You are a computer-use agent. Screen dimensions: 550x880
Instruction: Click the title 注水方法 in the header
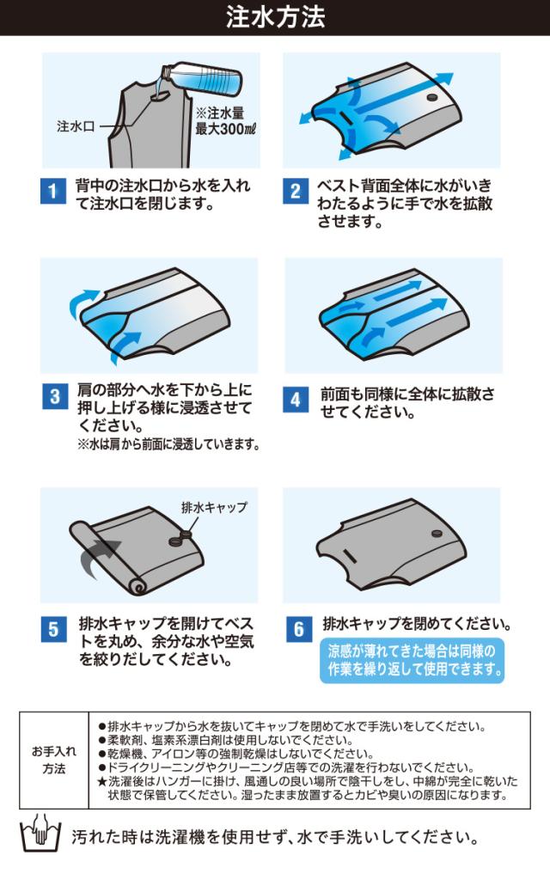click(x=275, y=17)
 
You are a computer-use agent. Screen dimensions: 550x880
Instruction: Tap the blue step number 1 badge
click(x=52, y=192)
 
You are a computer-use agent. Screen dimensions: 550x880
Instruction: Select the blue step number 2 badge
click(x=296, y=192)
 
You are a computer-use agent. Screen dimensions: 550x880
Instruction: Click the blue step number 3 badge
click(x=55, y=397)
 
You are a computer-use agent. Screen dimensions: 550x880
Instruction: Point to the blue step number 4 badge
click(x=296, y=400)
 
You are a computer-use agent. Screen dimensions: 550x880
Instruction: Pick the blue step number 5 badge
click(x=53, y=630)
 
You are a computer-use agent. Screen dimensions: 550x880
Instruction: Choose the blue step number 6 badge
click(x=298, y=630)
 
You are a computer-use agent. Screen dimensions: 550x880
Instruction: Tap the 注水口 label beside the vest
click(x=76, y=126)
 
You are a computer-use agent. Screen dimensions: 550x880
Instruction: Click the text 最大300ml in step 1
click(x=225, y=129)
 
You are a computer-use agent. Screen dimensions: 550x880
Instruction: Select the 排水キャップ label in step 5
click(x=214, y=507)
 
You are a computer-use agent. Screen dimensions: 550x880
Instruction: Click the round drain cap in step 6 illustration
click(x=436, y=533)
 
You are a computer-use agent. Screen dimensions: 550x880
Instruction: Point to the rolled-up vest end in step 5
click(x=107, y=556)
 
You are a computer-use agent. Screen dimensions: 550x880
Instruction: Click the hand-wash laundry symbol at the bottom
click(x=40, y=834)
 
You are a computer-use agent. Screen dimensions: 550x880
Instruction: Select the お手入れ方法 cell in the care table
click(x=54, y=760)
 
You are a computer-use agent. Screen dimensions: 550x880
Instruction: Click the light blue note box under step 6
click(x=412, y=660)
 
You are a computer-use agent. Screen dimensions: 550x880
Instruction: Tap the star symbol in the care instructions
click(x=101, y=781)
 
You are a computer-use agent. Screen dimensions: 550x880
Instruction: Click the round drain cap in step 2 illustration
click(x=432, y=98)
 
